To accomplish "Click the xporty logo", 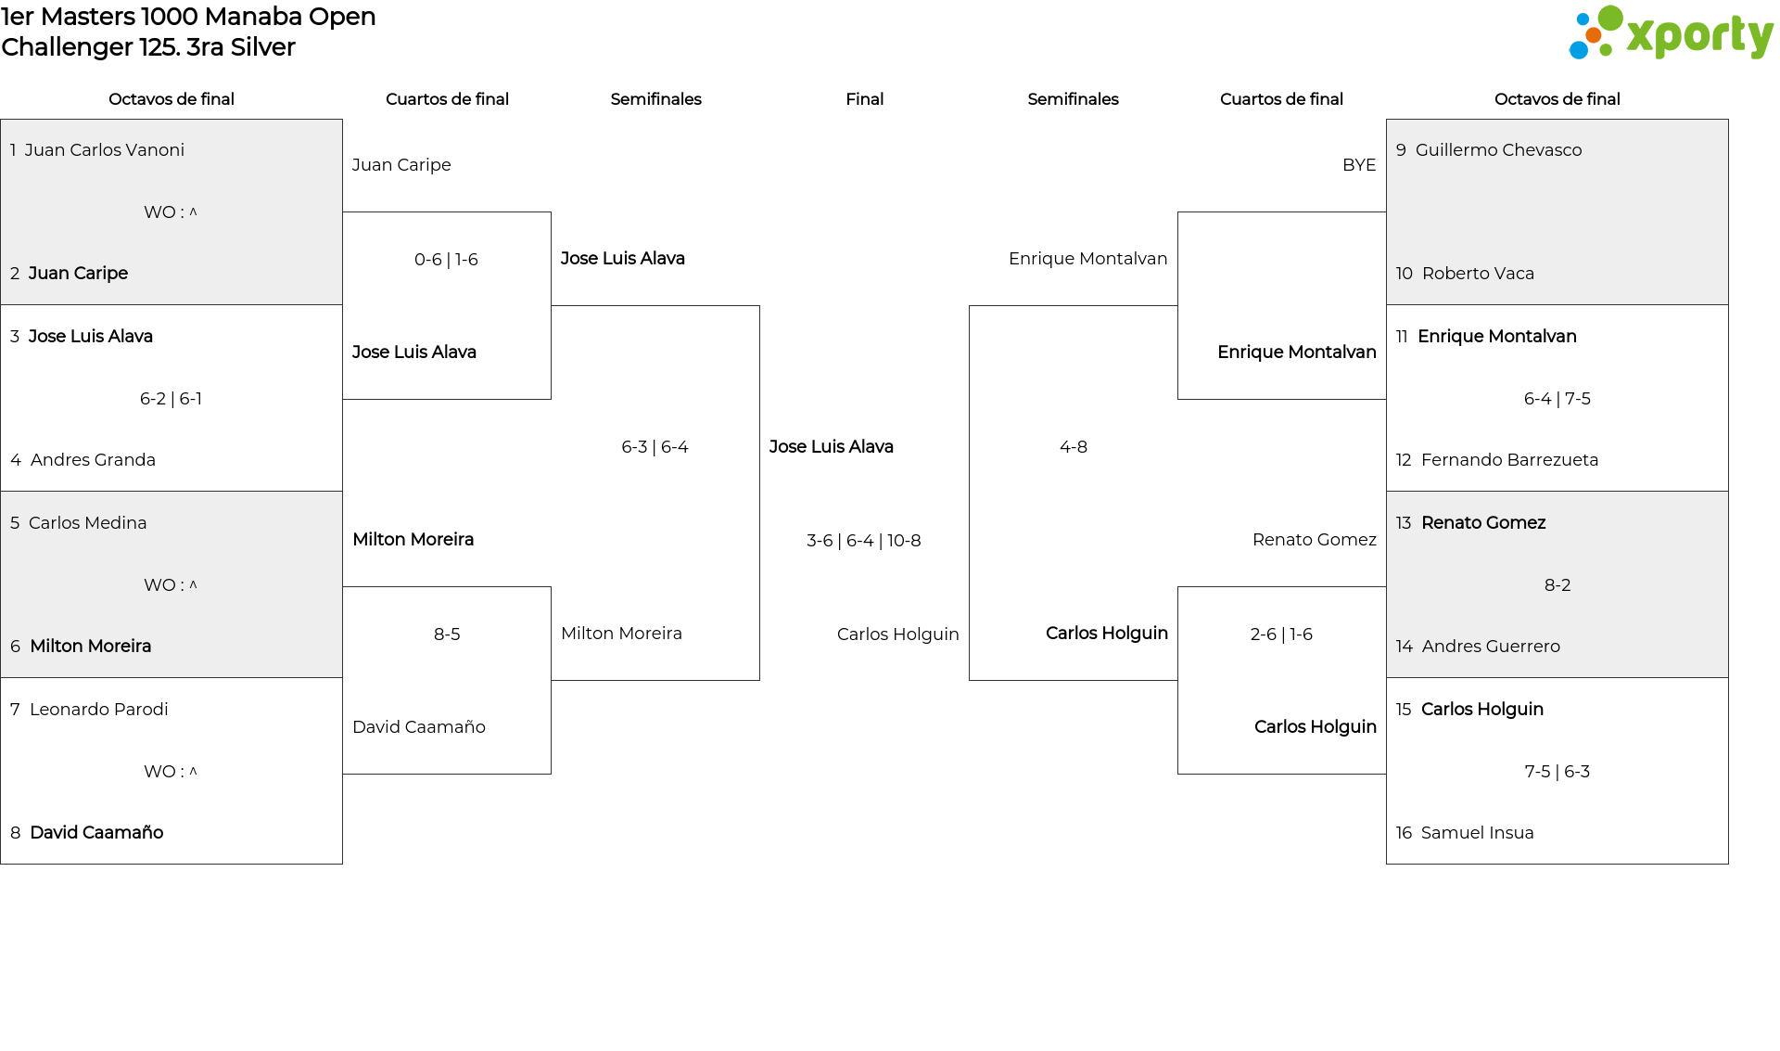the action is pyautogui.click(x=1671, y=33).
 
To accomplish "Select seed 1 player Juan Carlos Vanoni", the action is pyautogui.click(x=105, y=150).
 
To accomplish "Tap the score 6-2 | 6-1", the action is pyautogui.click(x=171, y=399).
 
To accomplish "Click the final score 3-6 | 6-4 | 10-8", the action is pyautogui.click(x=864, y=541).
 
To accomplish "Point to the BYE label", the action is pyautogui.click(x=1359, y=165).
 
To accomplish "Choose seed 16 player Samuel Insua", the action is pyautogui.click(x=1477, y=833).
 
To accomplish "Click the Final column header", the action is pyautogui.click(x=864, y=99).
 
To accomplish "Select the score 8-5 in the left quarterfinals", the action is pyautogui.click(x=447, y=634).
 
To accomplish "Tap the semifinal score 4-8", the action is pyautogui.click(x=1074, y=447).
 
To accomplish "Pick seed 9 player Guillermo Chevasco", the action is pyautogui.click(x=1498, y=150).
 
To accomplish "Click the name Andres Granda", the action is pyautogui.click(x=93, y=460).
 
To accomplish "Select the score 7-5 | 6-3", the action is pyautogui.click(x=1557, y=772).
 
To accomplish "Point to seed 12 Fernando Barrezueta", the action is pyautogui.click(x=1509, y=460).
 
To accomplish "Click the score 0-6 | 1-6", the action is pyautogui.click(x=446, y=260).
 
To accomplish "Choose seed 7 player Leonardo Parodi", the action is pyautogui.click(x=98, y=710).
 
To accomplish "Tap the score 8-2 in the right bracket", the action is pyautogui.click(x=1557, y=585).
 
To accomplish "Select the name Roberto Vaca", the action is pyautogui.click(x=1478, y=274).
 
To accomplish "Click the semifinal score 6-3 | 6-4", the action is pyautogui.click(x=655, y=447).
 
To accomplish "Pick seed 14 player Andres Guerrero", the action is pyautogui.click(x=1491, y=647).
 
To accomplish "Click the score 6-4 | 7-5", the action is pyautogui.click(x=1557, y=399).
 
